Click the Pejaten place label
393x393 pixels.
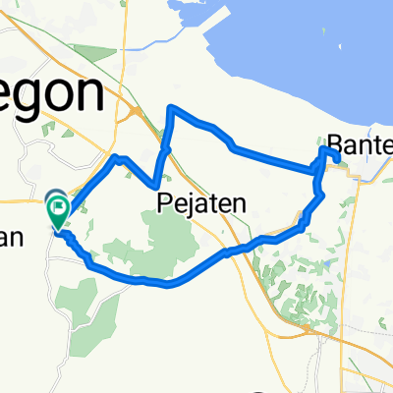point(200,203)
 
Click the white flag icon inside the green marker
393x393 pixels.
point(58,206)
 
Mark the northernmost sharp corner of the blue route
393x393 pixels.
point(172,106)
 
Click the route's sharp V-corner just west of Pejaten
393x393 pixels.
point(157,185)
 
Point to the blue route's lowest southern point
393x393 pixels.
point(169,286)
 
